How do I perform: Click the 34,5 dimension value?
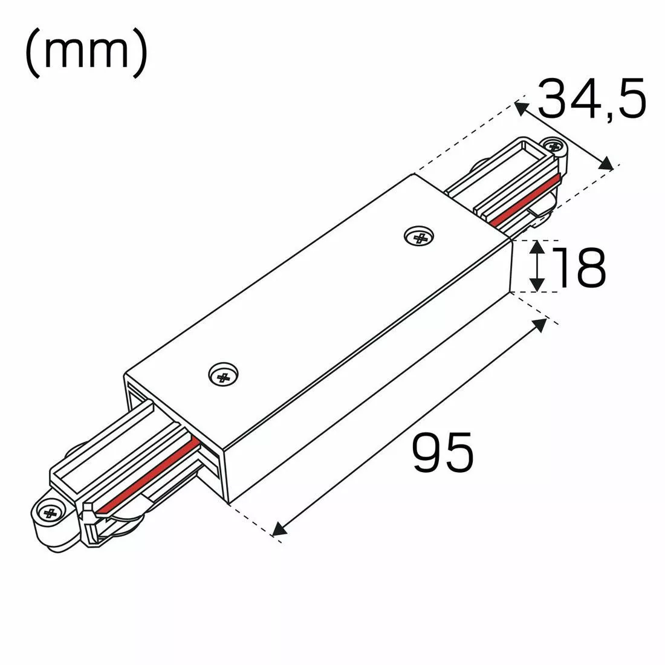click(x=591, y=99)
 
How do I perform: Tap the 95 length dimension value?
click(x=443, y=453)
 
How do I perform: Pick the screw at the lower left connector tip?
click(x=48, y=513)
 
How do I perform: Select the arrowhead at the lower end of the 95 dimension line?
click(x=279, y=530)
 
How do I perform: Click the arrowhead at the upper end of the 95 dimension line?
click(x=540, y=324)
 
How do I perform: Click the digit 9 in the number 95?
click(x=427, y=453)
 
